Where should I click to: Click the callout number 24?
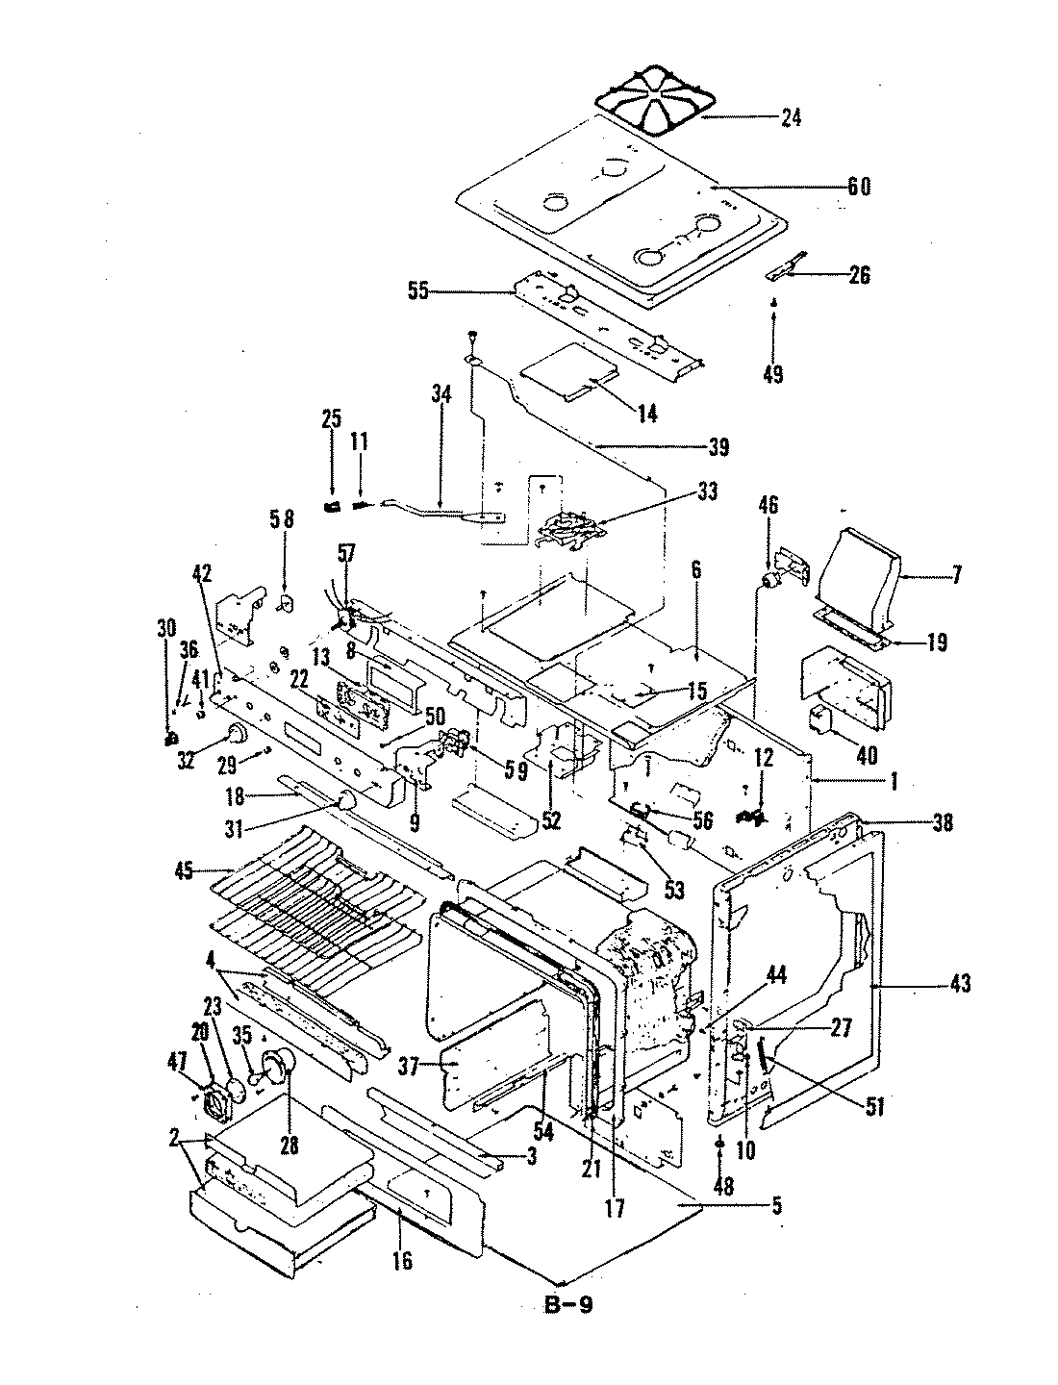(791, 118)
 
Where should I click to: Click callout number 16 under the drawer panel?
(402, 1259)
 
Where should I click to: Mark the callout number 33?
(707, 493)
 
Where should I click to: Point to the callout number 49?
(773, 373)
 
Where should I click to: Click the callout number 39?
(718, 447)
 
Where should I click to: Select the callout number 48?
(723, 1187)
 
